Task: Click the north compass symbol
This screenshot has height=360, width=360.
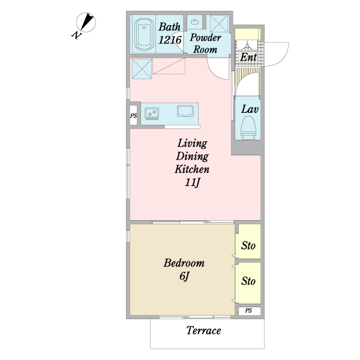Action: coord(86,22)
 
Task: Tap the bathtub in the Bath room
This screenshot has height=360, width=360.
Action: coord(144,34)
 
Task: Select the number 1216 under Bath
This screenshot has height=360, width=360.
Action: coord(170,40)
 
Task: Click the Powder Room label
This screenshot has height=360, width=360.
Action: coord(205,43)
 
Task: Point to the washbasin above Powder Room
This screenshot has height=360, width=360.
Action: coord(195,22)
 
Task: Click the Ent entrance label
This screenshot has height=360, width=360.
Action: coord(248,57)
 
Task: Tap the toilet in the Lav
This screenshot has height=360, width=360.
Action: coord(248,128)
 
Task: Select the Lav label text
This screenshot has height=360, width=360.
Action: coord(250,109)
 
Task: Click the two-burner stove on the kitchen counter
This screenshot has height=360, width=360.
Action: coord(152,113)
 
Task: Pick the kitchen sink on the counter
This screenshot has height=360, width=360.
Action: coord(185,111)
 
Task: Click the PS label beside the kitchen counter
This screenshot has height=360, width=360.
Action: coord(133,115)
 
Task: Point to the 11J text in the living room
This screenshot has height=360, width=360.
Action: coord(193,182)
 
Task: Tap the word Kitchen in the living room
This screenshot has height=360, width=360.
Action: coord(192,169)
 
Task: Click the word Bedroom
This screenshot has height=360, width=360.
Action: coord(184,263)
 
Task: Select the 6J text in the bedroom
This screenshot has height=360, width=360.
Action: coord(184,276)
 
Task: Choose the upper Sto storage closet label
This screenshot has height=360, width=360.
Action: coord(248,245)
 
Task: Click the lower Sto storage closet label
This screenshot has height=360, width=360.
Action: coord(248,281)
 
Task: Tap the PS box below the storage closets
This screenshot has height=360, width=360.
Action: coord(250,311)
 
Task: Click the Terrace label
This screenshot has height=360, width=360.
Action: coord(203,331)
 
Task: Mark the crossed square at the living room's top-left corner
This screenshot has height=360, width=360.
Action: coord(142,69)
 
